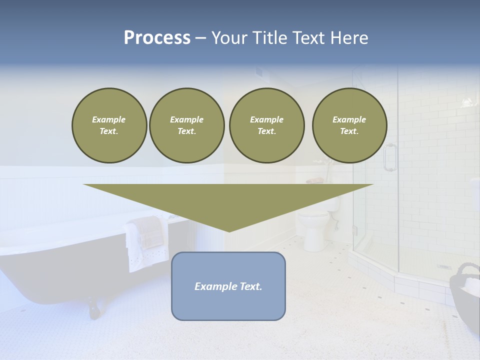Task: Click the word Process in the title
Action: click(157, 38)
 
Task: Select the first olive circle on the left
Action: click(109, 125)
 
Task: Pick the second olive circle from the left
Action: click(186, 125)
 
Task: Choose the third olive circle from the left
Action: click(266, 125)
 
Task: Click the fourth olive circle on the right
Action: click(349, 125)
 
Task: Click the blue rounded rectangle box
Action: click(228, 305)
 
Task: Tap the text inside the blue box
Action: click(228, 286)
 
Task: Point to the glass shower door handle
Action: click(389, 157)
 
